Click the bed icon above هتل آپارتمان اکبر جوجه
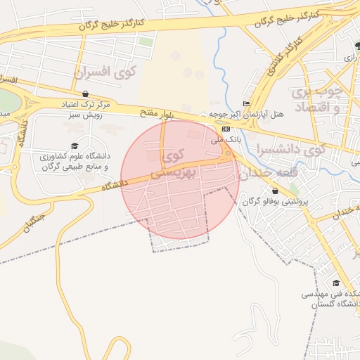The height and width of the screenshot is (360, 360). point(245,103)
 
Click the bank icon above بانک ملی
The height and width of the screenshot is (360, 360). point(225,129)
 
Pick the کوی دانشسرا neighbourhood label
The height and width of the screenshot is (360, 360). point(290,149)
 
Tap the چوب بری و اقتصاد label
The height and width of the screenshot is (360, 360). point(316,99)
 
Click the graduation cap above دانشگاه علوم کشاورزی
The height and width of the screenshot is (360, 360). point(74,146)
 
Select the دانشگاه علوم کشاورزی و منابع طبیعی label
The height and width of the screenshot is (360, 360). point(75,161)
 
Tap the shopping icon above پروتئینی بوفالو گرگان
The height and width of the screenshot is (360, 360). point(274,191)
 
